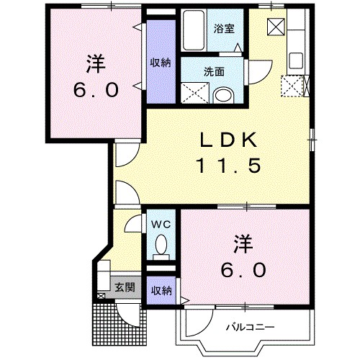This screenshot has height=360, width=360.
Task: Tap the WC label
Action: coord(163,224)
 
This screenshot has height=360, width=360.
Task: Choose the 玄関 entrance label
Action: coord(124,287)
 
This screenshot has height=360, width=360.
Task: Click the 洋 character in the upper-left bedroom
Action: coord(94,63)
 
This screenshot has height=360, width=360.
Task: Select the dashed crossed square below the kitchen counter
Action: coord(293,86)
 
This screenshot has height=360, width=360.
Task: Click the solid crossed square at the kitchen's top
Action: coord(276,26)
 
